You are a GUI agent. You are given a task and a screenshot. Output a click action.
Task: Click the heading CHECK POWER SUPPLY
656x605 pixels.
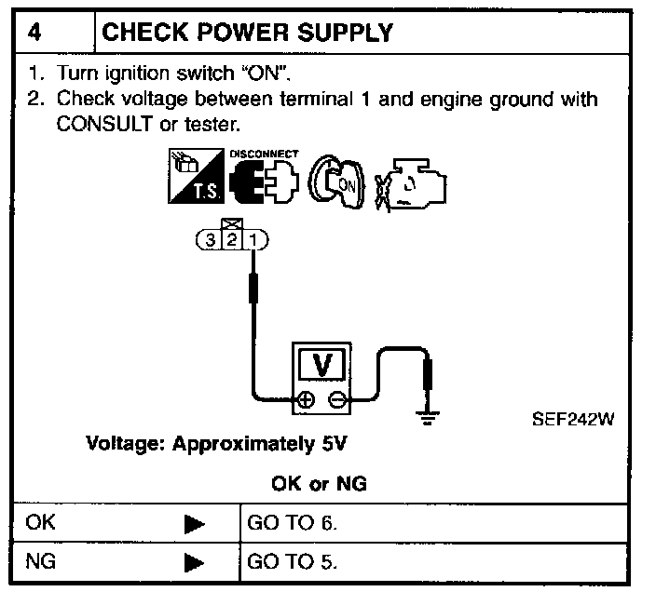click(x=246, y=32)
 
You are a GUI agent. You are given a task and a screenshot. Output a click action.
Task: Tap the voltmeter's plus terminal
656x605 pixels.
click(x=305, y=400)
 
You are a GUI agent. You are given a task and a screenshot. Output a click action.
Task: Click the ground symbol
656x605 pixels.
click(x=428, y=417)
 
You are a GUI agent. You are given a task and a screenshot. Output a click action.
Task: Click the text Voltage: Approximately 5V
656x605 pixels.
click(x=216, y=444)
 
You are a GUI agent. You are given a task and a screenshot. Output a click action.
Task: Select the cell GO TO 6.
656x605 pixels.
click(x=292, y=523)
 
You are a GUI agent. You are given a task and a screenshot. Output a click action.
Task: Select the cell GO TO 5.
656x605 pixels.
click(x=292, y=562)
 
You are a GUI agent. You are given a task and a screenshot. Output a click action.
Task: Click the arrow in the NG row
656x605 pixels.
click(x=194, y=563)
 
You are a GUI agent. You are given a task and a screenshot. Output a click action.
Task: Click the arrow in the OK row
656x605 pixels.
click(x=194, y=524)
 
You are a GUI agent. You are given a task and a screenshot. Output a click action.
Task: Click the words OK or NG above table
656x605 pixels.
click(x=319, y=484)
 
